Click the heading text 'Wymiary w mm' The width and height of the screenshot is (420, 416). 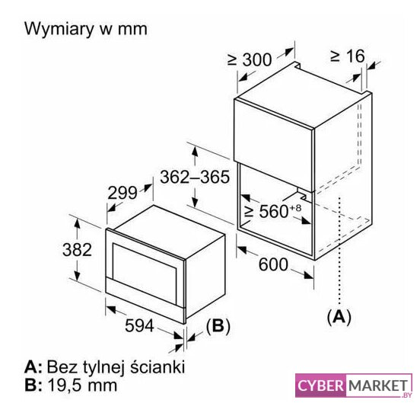[x=86, y=29]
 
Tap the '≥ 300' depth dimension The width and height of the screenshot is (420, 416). [x=250, y=59]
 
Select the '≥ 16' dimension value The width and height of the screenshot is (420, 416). [x=348, y=56]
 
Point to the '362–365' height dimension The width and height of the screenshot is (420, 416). [x=195, y=177]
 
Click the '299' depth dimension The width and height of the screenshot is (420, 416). [x=123, y=193]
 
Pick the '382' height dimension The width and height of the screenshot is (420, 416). [x=77, y=249]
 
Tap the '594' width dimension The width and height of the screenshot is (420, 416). [x=139, y=325]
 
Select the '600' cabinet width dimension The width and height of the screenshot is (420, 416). [x=273, y=264]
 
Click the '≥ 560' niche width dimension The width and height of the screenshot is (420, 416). [x=266, y=211]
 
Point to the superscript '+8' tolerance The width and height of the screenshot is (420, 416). [x=295, y=208]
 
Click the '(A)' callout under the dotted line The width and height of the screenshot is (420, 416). [x=339, y=317]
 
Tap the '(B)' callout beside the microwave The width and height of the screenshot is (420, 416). [x=218, y=326]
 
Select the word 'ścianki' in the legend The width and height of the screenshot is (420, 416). [x=157, y=366]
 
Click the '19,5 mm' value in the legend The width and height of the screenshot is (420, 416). [x=82, y=386]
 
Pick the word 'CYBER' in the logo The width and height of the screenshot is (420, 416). [x=320, y=386]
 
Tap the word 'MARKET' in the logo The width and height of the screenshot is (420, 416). [x=378, y=386]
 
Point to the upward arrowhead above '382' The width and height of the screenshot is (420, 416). [x=77, y=223]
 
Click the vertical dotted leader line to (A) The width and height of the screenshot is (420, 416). [x=339, y=251]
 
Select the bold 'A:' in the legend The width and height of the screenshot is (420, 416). [x=33, y=366]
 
